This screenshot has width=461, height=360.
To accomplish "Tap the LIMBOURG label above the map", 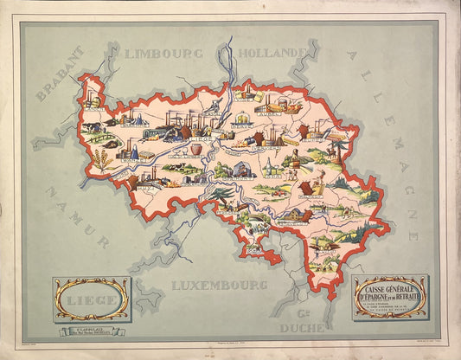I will click(163, 54).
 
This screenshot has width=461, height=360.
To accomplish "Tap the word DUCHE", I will click(302, 328).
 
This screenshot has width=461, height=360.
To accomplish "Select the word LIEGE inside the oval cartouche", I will click(92, 298).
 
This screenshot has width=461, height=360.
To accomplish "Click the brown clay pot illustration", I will click(196, 148).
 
